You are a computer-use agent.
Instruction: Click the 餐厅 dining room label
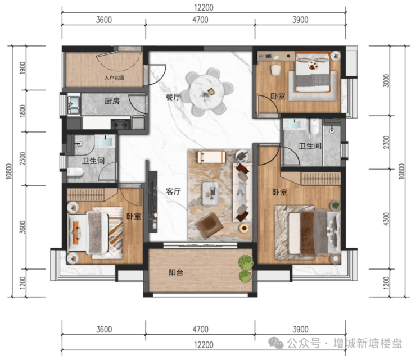click(x=173, y=97)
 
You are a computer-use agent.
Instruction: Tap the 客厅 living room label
click(x=174, y=192)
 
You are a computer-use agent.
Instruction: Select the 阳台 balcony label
click(x=176, y=272)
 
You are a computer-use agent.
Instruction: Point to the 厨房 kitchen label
click(x=112, y=101)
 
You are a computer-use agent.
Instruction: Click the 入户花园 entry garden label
click(x=114, y=78)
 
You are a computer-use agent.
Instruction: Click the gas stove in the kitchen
click(x=120, y=124)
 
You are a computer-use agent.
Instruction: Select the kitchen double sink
click(x=74, y=105)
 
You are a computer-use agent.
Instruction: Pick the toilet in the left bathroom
click(x=75, y=172)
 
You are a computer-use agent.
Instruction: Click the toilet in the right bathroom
click(x=314, y=126)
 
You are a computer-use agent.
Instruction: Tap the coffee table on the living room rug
click(x=211, y=193)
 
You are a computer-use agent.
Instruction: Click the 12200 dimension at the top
click(x=204, y=7)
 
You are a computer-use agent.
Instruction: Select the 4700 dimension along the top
click(x=200, y=20)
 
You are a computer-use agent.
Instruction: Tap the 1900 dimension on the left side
click(x=23, y=68)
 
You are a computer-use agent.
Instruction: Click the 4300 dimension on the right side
click(x=387, y=219)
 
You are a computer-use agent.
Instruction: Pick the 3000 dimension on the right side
click(x=387, y=80)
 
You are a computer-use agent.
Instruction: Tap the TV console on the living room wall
click(x=153, y=202)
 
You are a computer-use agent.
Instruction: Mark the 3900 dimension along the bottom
click(x=300, y=330)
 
